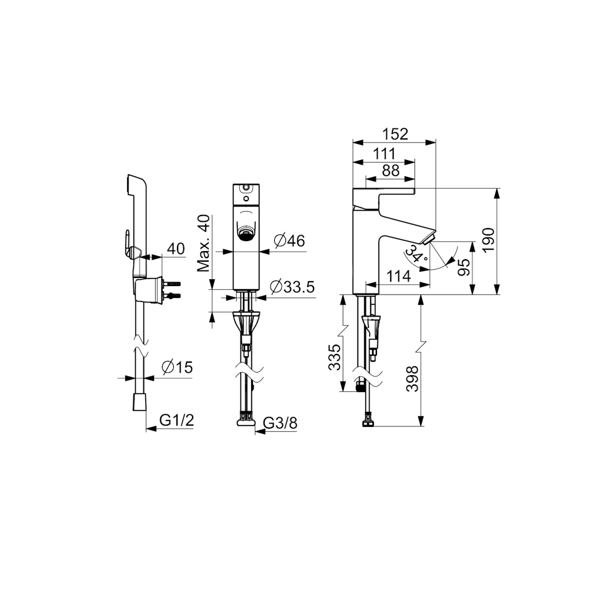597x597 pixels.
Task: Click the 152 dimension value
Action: click(395, 134)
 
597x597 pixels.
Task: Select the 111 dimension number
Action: click(384, 154)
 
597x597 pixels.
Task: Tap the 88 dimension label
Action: click(391, 171)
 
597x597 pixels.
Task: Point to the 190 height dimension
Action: click(489, 239)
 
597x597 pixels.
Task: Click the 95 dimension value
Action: click(464, 268)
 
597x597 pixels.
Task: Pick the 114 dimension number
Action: click(399, 276)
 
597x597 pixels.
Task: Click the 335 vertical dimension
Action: click(335, 358)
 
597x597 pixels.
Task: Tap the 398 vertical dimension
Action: click(413, 379)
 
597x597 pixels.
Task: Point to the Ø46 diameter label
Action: click(289, 241)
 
